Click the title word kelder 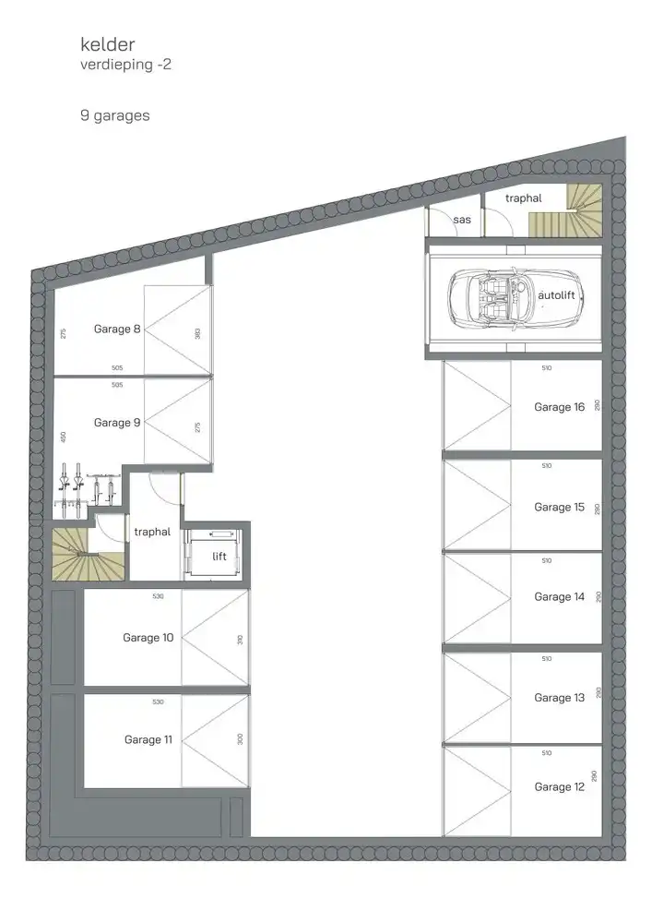pyautogui.click(x=107, y=45)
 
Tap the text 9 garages pyautogui.click(x=114, y=116)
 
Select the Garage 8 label pyautogui.click(x=117, y=329)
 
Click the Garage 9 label pyautogui.click(x=117, y=423)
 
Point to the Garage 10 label pyautogui.click(x=148, y=638)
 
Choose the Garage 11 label pyautogui.click(x=148, y=739)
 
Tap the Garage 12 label pyautogui.click(x=559, y=787)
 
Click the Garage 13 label pyautogui.click(x=559, y=698)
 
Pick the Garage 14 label pyautogui.click(x=559, y=597)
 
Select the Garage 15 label pyautogui.click(x=559, y=508)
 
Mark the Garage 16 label pyautogui.click(x=559, y=407)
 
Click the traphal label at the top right pyautogui.click(x=524, y=198)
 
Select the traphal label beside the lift pyautogui.click(x=153, y=532)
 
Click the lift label pyautogui.click(x=219, y=557)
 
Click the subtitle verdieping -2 pyautogui.click(x=125, y=66)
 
